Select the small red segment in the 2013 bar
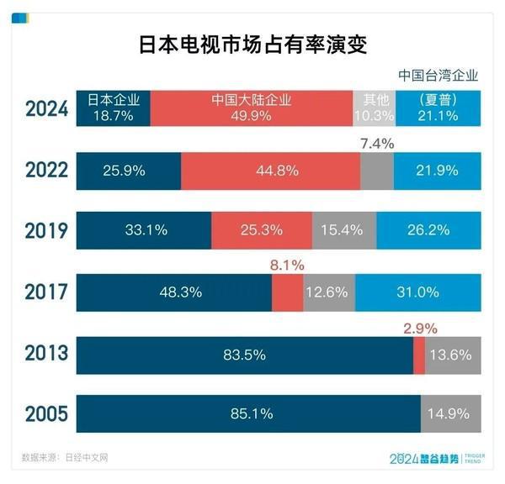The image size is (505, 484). coord(418,354)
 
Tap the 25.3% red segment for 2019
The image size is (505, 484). coord(261,230)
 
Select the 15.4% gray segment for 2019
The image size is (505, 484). coord(343,230)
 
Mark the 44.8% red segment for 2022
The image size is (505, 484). coord(270,171)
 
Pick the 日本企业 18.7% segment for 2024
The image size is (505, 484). coord(113,108)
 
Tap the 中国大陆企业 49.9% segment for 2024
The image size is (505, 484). coord(251,108)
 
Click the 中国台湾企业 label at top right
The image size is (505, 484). coord(437,75)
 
